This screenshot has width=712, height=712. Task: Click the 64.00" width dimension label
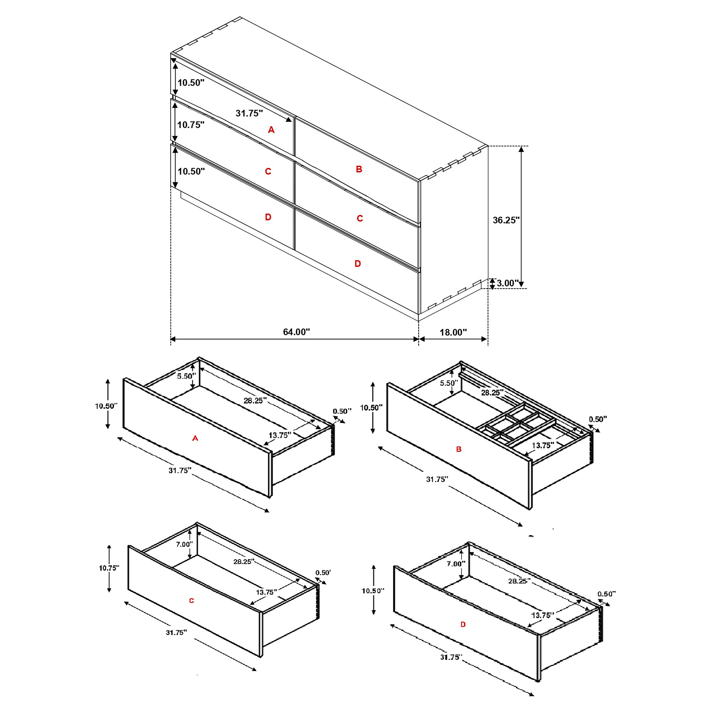pyautogui.click(x=296, y=332)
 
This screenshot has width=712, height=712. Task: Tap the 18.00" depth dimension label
pyautogui.click(x=453, y=332)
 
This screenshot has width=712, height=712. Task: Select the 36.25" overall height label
pyautogui.click(x=506, y=220)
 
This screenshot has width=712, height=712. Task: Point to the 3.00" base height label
pyautogui.click(x=507, y=283)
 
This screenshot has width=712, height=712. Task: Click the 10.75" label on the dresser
pyautogui.click(x=191, y=125)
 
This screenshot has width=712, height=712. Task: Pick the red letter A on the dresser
pyautogui.click(x=271, y=130)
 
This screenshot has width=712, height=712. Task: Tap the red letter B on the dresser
pyautogui.click(x=359, y=169)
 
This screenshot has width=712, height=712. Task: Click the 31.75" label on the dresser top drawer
pyautogui.click(x=249, y=113)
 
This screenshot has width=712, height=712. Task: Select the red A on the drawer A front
pyautogui.click(x=195, y=438)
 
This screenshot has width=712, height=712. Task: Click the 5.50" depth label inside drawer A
pyautogui.click(x=186, y=376)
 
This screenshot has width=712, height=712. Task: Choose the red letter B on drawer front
pyautogui.click(x=459, y=449)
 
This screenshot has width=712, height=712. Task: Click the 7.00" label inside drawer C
pyautogui.click(x=184, y=544)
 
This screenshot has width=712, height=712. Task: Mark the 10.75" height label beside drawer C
pyautogui.click(x=109, y=568)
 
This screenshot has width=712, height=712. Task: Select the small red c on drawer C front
pyautogui.click(x=191, y=601)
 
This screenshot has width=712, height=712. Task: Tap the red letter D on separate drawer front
pyautogui.click(x=463, y=624)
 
